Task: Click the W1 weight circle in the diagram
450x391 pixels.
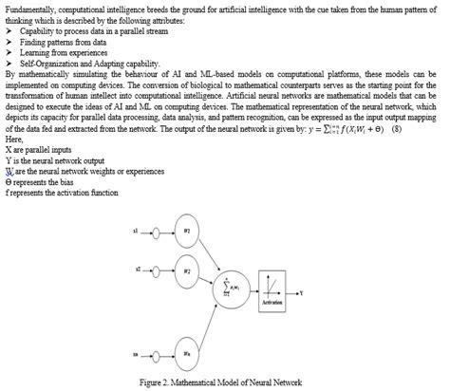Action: coord(188,231)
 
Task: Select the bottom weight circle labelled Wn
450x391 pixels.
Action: coord(188,356)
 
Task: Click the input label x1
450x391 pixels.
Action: coord(137,231)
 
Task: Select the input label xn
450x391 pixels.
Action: coord(137,357)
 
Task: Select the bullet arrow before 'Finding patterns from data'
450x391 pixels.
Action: coord(9,42)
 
